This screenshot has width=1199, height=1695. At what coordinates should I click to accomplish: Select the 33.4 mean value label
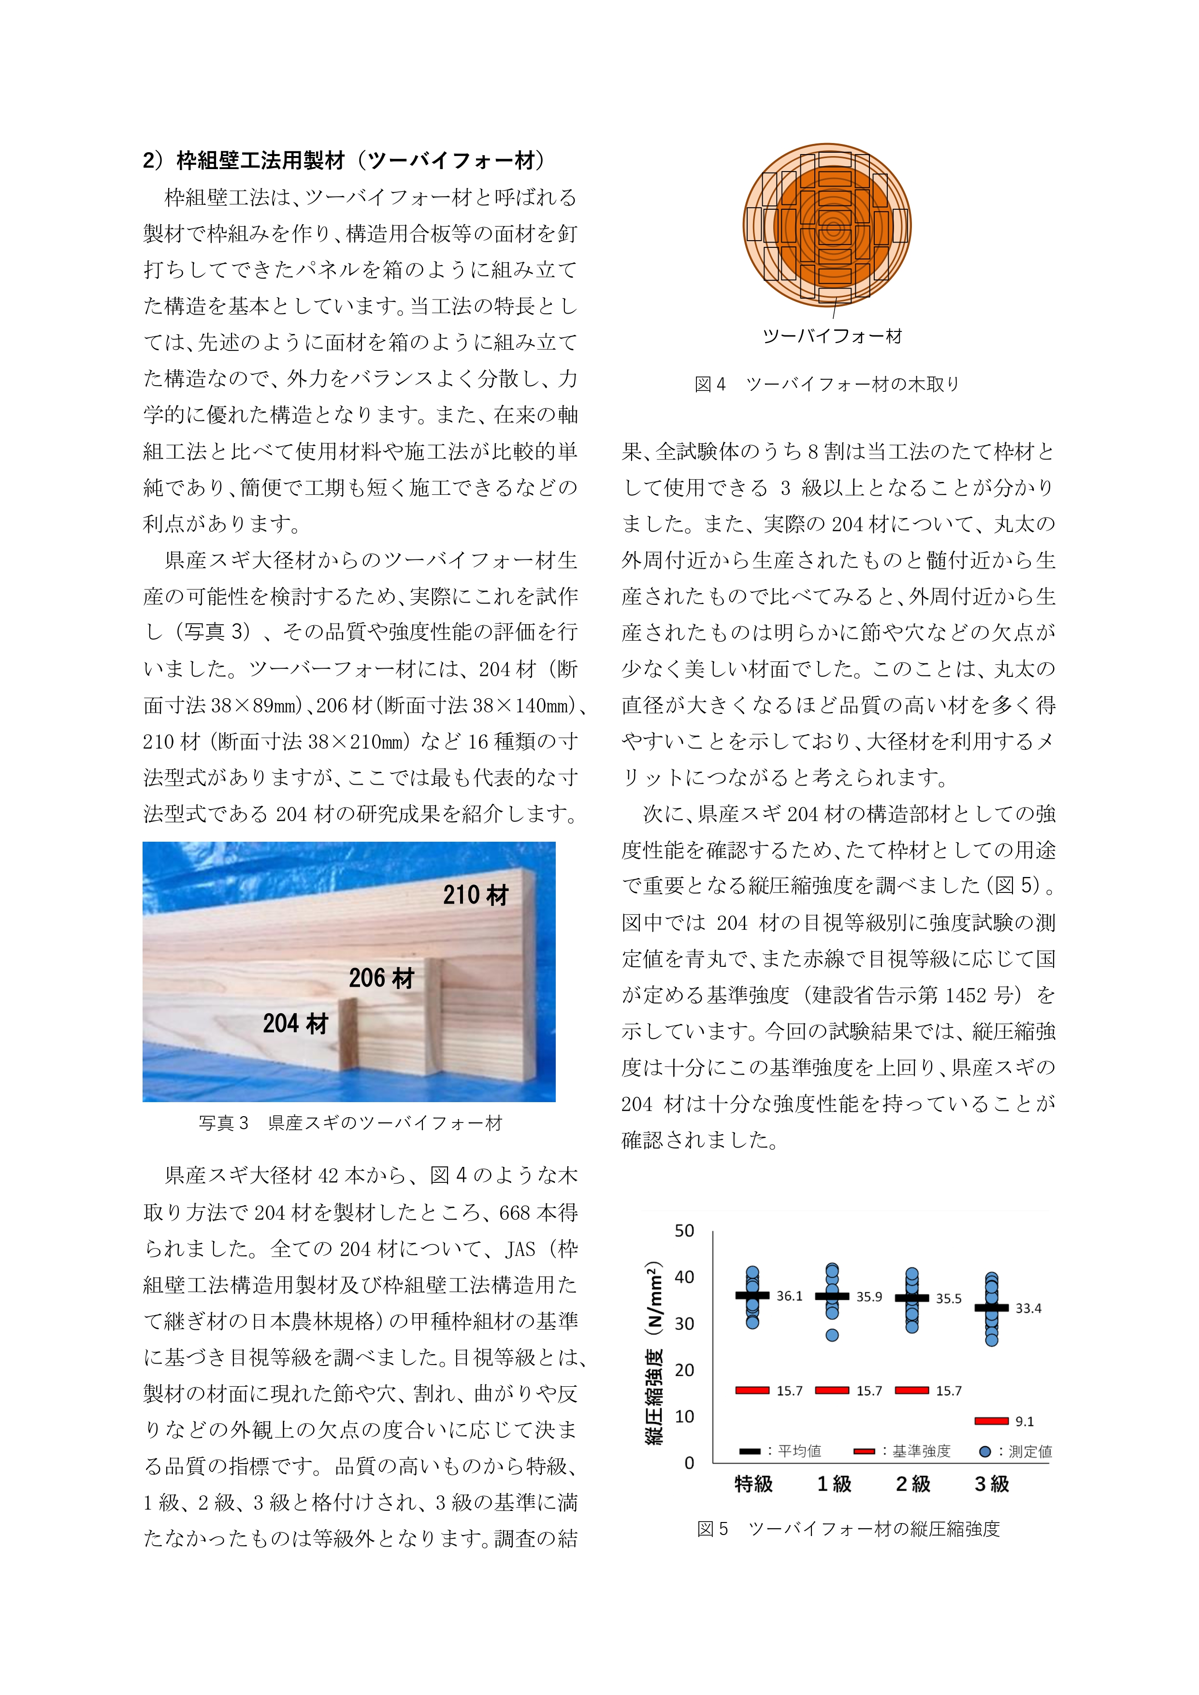pyautogui.click(x=1028, y=1308)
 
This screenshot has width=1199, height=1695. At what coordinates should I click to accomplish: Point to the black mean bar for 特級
pyautogui.click(x=752, y=1295)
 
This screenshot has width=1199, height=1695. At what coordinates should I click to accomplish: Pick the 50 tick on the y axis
pyautogui.click(x=684, y=1231)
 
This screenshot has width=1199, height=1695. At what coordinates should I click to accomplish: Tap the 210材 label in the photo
pyautogui.click(x=476, y=895)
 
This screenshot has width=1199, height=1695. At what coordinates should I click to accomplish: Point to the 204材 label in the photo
pyautogui.click(x=295, y=1023)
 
